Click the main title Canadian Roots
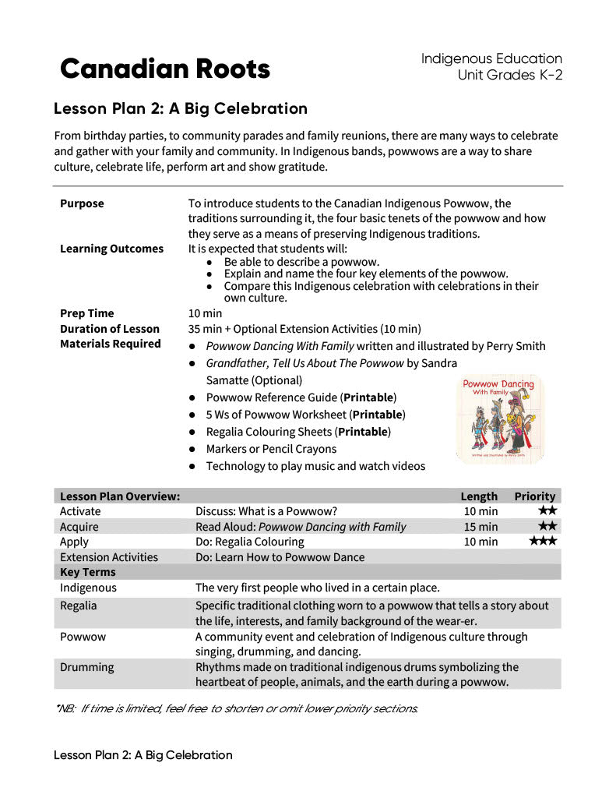[x=165, y=69]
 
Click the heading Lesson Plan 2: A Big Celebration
[x=181, y=108]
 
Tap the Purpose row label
[x=82, y=203]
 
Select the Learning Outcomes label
[x=111, y=249]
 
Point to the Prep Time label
[x=86, y=313]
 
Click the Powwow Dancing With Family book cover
[x=499, y=418]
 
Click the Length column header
[x=479, y=496]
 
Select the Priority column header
[x=534, y=496]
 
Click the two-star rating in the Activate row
[x=547, y=511]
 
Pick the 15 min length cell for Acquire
[x=480, y=527]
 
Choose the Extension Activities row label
[x=109, y=557]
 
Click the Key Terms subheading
[x=88, y=572]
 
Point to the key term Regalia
[x=79, y=606]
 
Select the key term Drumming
[x=86, y=667]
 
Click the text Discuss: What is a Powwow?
[x=266, y=511]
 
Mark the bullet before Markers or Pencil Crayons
[x=192, y=449]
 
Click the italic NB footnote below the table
[x=237, y=708]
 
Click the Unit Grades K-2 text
[x=510, y=75]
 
